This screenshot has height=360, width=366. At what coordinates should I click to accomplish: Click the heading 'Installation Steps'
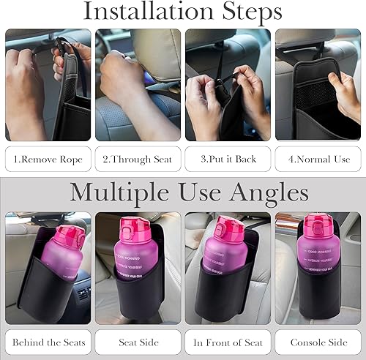click(x=182, y=12)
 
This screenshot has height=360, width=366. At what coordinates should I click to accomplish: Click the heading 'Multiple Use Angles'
click(x=189, y=192)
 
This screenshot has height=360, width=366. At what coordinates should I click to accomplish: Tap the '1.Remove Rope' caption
click(x=48, y=159)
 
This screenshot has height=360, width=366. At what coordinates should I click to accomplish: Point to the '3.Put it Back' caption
click(x=228, y=159)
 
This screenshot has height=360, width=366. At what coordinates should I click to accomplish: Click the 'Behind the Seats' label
click(x=48, y=342)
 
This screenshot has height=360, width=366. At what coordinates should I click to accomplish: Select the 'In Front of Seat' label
click(x=228, y=342)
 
